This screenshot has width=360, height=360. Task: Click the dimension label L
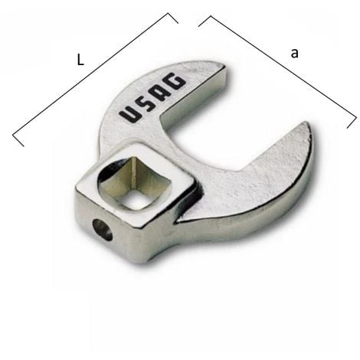80,61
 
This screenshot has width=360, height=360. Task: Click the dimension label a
294,54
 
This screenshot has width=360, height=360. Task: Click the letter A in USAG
159,93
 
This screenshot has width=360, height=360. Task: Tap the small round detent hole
103,229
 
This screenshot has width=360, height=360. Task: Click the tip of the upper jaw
221,67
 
